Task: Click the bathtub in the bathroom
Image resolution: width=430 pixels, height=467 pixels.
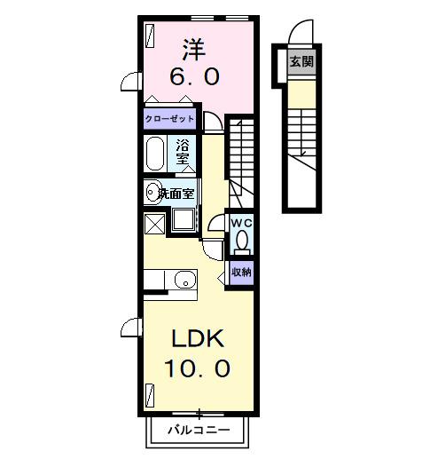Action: [154, 153]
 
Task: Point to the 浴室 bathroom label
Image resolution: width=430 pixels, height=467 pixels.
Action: [184, 152]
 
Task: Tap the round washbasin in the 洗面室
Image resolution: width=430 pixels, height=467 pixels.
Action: [152, 191]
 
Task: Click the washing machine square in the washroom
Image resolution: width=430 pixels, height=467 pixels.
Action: [185, 220]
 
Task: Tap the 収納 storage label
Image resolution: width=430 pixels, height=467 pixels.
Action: [242, 273]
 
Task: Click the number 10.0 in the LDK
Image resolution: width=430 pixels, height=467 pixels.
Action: [197, 367]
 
